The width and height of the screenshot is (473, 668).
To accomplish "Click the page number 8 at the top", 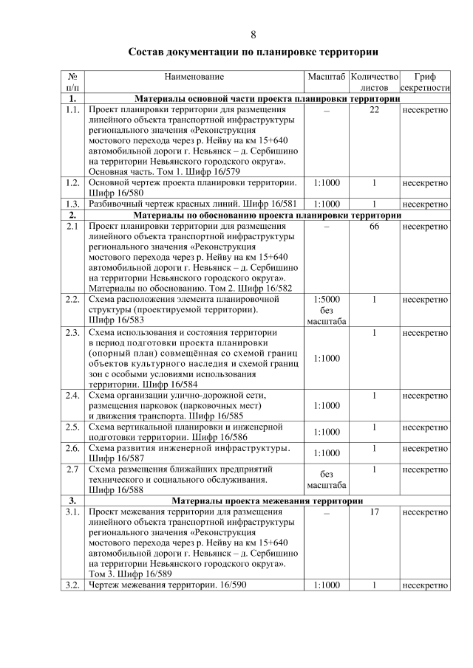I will [x=253, y=35].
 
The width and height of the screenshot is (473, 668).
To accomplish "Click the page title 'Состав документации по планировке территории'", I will [x=253, y=52].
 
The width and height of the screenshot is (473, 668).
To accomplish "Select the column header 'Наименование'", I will [x=194, y=77].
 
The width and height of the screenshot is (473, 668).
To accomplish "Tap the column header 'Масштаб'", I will [x=326, y=77].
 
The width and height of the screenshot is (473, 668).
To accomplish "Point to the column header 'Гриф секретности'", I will [x=425, y=82].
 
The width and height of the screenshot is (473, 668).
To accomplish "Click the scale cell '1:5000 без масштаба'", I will [x=326, y=311].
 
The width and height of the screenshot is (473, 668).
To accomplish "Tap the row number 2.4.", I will [x=72, y=396].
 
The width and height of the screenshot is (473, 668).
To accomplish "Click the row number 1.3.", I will [x=72, y=204].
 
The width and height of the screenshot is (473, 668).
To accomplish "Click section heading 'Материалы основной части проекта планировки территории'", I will [x=267, y=98].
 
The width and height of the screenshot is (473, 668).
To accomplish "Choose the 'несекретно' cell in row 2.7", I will [x=425, y=469].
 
